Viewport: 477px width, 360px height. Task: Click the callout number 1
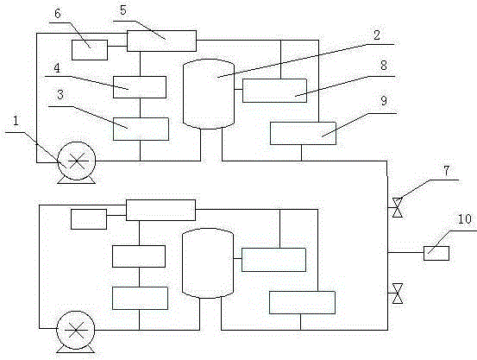tap(16, 121)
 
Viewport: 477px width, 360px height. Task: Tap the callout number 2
tap(377, 35)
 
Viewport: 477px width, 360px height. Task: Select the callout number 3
tap(60, 95)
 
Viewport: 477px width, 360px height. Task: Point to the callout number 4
tap(57, 68)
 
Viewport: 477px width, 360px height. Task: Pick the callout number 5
tap(122, 10)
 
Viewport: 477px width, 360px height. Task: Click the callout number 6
tap(58, 14)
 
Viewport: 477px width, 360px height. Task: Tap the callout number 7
tap(446, 171)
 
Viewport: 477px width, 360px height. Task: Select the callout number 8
tap(384, 65)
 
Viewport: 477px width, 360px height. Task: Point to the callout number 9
tap(384, 100)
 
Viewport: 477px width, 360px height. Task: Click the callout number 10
tap(465, 219)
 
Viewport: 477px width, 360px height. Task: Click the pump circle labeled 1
tap(77, 161)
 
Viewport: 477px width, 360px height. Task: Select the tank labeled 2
tap(209, 94)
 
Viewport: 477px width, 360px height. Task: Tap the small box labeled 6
tap(90, 50)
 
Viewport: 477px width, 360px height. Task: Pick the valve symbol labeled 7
tap(398, 207)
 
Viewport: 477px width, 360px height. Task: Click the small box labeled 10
tap(436, 254)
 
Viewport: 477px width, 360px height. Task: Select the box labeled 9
tap(303, 134)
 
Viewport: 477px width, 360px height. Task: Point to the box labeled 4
tap(140, 87)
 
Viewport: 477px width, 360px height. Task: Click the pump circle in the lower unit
tap(76, 330)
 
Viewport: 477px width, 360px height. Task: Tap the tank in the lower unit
tap(208, 263)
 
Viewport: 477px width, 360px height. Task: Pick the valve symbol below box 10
tap(398, 294)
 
